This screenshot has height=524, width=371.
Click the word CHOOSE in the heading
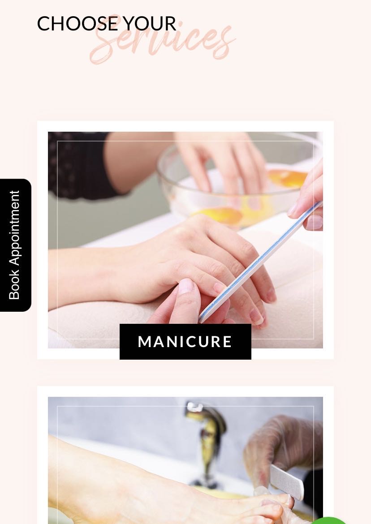[78, 24]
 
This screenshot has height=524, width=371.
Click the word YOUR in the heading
[149, 24]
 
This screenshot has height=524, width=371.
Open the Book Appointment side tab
[15, 245]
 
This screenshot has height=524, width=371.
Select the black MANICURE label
[185, 342]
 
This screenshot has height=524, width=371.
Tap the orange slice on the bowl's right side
[288, 178]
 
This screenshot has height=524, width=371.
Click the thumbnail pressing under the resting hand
[186, 287]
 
